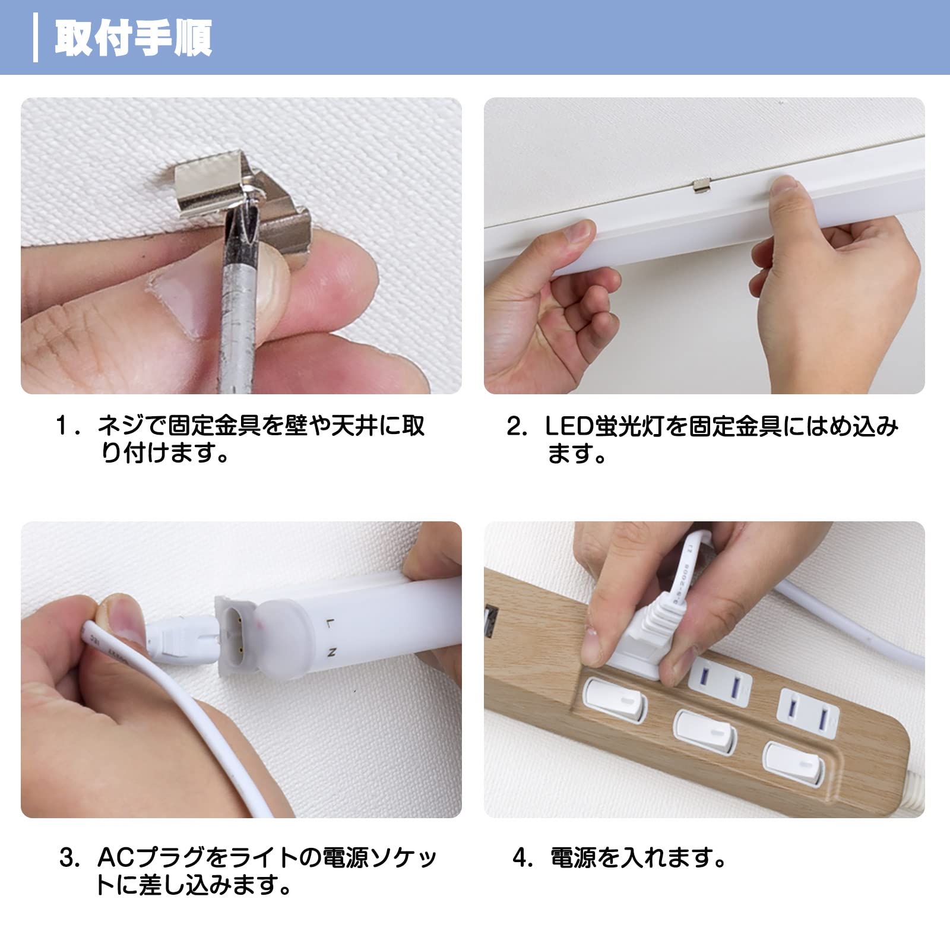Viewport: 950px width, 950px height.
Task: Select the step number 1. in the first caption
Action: click(67, 426)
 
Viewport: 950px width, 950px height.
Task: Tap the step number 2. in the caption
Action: click(517, 426)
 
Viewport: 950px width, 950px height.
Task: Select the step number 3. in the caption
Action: click(69, 859)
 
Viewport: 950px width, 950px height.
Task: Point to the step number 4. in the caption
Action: click(523, 859)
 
